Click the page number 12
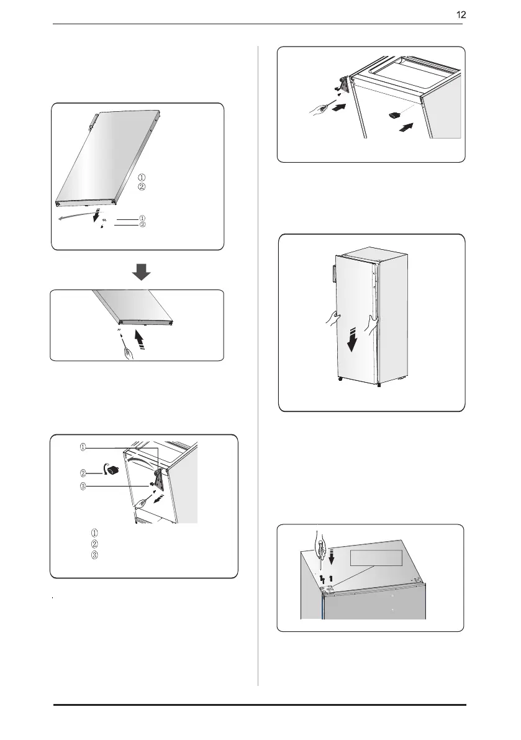point(461,15)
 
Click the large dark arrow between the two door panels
point(141,272)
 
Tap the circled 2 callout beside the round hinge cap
point(83,473)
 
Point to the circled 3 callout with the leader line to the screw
point(83,486)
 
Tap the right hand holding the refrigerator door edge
point(373,325)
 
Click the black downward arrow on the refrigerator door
point(352,341)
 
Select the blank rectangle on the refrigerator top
point(376,558)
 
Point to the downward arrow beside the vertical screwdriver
point(331,555)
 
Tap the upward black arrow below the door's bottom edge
point(138,339)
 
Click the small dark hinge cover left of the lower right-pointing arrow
point(395,115)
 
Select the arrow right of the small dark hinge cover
point(406,127)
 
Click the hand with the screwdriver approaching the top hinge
point(319,110)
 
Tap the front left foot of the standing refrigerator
point(340,379)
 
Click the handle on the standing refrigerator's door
point(332,274)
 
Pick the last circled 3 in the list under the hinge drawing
point(94,554)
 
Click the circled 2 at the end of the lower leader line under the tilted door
point(142,225)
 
